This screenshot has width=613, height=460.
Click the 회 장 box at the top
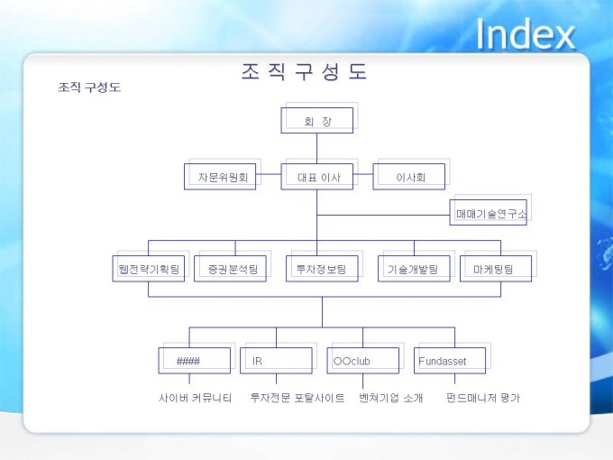[x=317, y=121]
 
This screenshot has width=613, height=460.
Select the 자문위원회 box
[x=222, y=177]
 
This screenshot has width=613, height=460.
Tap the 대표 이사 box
[x=317, y=177]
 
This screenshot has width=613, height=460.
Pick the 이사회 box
[x=409, y=177]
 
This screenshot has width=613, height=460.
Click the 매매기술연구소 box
[x=489, y=213]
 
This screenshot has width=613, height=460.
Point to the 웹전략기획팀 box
[x=149, y=269]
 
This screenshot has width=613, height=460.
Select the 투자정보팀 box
[x=322, y=269]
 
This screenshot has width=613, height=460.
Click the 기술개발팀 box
[x=413, y=269]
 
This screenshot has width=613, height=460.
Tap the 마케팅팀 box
[x=495, y=269]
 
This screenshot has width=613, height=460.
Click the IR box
[x=276, y=361]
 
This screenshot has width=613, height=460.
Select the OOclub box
[x=361, y=361]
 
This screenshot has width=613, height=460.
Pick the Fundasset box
[x=450, y=361]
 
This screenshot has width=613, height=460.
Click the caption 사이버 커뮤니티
[x=196, y=398]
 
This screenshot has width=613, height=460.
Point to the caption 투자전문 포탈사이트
[x=297, y=398]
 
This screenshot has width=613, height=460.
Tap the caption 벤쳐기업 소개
[x=390, y=398]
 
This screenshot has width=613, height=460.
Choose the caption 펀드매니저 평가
[x=483, y=398]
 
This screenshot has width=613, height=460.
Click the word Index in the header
[x=525, y=34]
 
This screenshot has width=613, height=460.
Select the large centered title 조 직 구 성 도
[x=305, y=72]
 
